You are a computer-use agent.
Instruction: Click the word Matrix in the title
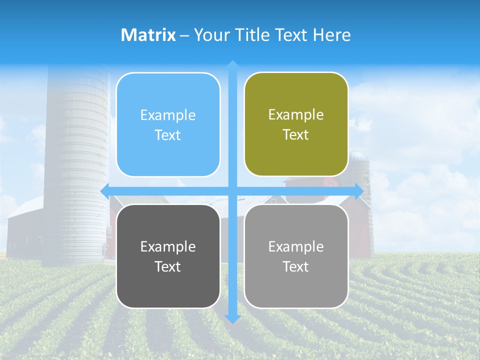(x=148, y=35)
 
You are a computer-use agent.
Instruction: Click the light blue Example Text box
(x=168, y=124)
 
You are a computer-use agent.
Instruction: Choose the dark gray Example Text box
(x=168, y=256)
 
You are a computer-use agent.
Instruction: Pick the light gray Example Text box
(x=296, y=256)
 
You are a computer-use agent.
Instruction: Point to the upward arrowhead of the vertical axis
(x=232, y=64)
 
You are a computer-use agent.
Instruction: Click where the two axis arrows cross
(x=232, y=191)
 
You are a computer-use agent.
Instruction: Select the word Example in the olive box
(x=296, y=114)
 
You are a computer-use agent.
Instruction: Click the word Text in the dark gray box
(x=168, y=266)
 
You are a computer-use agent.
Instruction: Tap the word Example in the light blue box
(x=168, y=115)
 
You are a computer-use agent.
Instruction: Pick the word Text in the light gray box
(x=296, y=266)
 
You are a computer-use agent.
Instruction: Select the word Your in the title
(x=210, y=35)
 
